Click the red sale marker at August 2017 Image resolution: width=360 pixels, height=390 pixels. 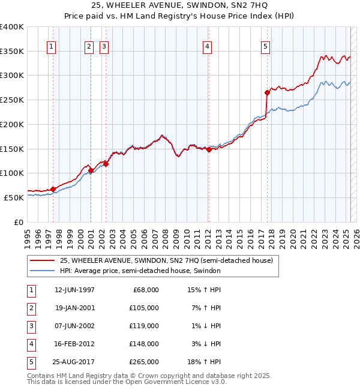[x=267, y=92]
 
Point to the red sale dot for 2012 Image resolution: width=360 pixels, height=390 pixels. [x=209, y=150]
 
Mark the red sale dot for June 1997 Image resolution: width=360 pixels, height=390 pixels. [x=53, y=189]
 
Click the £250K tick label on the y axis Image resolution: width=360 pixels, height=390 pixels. [x=12, y=100]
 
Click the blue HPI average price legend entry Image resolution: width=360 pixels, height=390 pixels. [x=140, y=271]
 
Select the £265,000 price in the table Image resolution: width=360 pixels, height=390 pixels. [x=145, y=362]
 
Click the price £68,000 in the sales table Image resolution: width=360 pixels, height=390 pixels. [x=146, y=289]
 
